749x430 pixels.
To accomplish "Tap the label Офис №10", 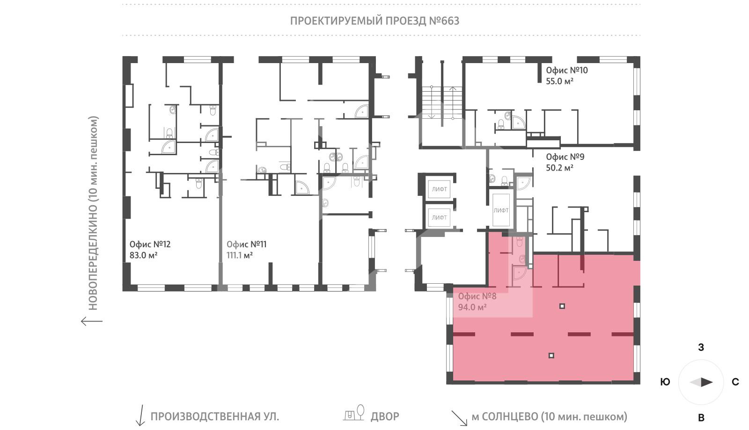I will pyautogui.click(x=566, y=70).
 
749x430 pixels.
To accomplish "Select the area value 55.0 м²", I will pyautogui.click(x=560, y=81).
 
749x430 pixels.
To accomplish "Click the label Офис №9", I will pyautogui.click(x=565, y=157).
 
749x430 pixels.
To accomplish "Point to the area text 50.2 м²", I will pyautogui.click(x=559, y=168).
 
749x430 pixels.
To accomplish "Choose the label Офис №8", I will pyautogui.click(x=477, y=296).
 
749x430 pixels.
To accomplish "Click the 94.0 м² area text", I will pyautogui.click(x=472, y=307).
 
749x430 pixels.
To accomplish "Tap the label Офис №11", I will pyautogui.click(x=246, y=244).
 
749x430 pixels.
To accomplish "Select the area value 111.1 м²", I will pyautogui.click(x=240, y=255).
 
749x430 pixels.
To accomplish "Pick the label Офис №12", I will pyautogui.click(x=150, y=244).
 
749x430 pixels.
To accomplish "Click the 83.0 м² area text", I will pyautogui.click(x=143, y=255).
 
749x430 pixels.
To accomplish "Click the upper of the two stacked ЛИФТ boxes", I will pyautogui.click(x=439, y=189).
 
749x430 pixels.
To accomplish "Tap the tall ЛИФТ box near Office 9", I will pyautogui.click(x=501, y=210).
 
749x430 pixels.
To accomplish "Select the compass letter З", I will pyautogui.click(x=701, y=347).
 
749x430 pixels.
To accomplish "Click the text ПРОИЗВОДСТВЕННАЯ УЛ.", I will pyautogui.click(x=214, y=416).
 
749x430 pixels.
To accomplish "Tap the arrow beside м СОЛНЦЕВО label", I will pyautogui.click(x=459, y=418).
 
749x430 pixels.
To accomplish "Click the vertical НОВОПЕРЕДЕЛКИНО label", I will pyautogui.click(x=93, y=213).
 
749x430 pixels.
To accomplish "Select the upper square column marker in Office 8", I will pyautogui.click(x=562, y=306).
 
